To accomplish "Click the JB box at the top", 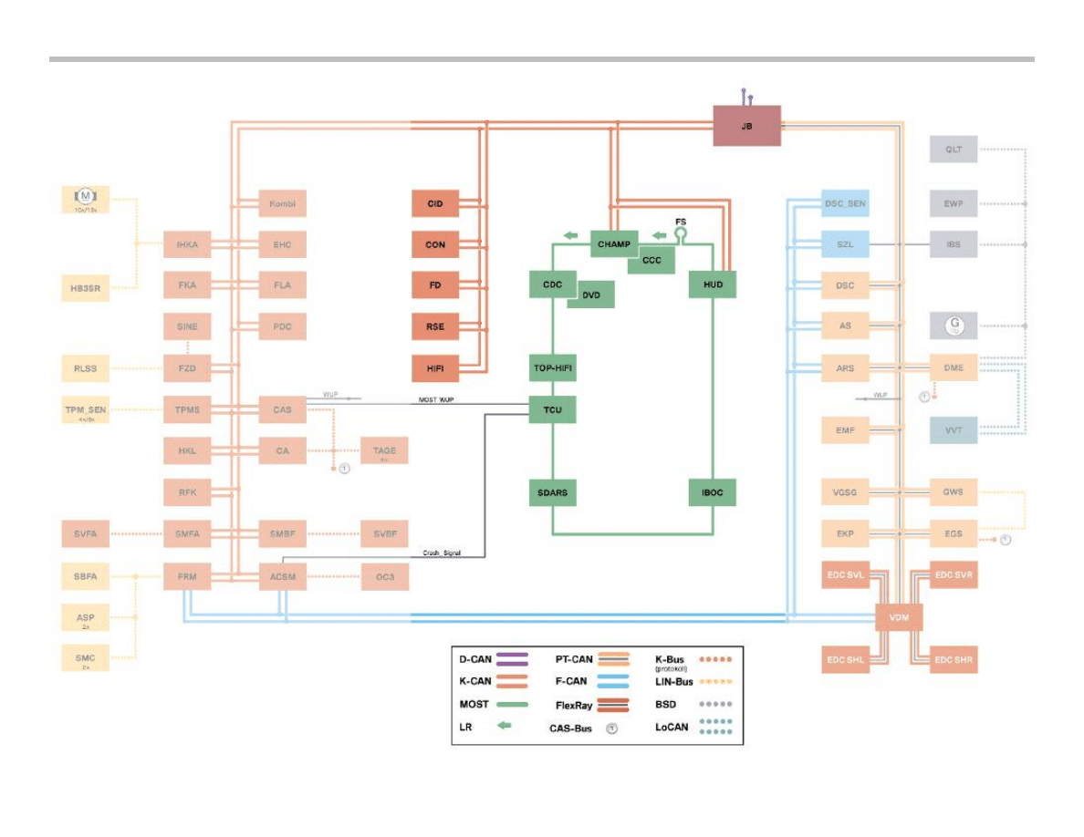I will click(746, 126).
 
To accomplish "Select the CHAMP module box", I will click(614, 244).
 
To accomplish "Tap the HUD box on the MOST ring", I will click(713, 284).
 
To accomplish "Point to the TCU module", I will click(552, 409).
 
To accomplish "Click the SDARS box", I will click(552, 492).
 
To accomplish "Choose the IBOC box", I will click(713, 492).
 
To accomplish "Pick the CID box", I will click(435, 203).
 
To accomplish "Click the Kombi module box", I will click(282, 203).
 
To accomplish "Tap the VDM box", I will click(899, 618).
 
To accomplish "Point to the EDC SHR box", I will click(954, 659).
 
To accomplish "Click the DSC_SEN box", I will click(844, 203).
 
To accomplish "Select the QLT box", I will click(954, 149).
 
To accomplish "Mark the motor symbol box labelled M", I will click(84, 199).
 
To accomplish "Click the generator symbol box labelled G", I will click(954, 325).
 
